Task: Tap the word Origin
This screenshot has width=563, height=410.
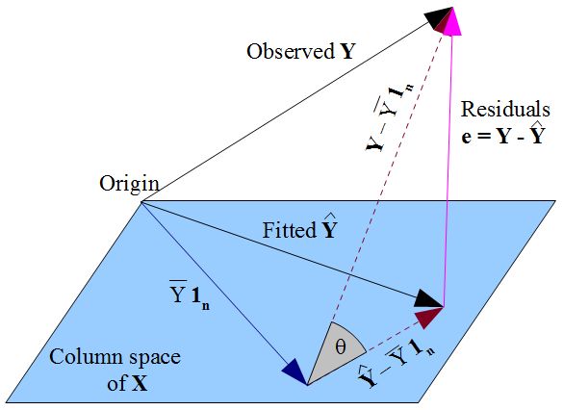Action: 128,184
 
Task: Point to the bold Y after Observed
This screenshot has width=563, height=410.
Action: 346,52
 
